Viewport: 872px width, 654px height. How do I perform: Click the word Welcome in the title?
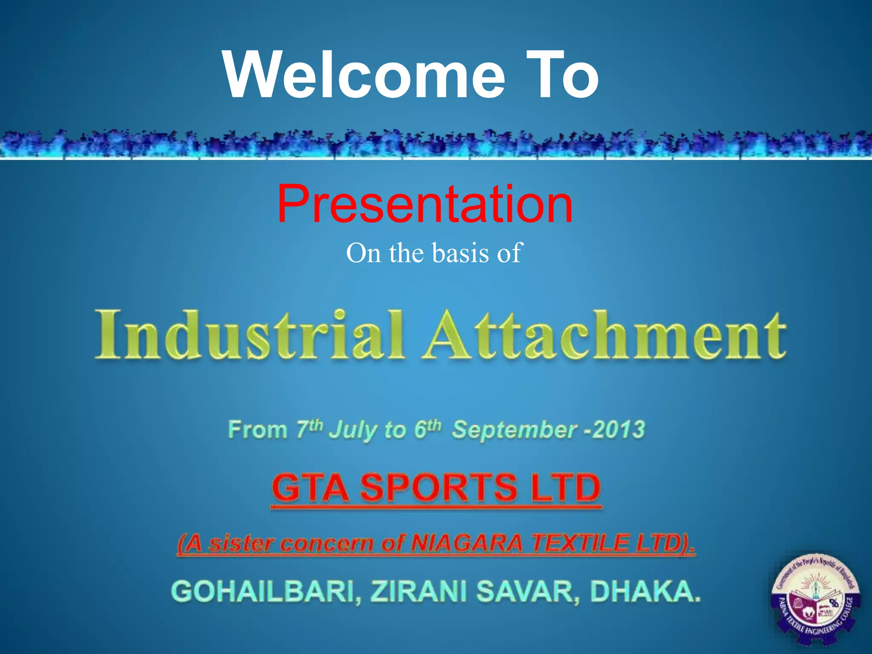tap(364, 76)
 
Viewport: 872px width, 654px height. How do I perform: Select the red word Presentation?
tap(425, 204)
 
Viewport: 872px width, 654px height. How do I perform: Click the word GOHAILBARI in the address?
tap(266, 592)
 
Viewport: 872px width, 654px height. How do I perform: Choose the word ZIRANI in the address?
tap(419, 592)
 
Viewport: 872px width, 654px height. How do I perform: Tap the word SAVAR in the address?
tap(528, 592)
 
